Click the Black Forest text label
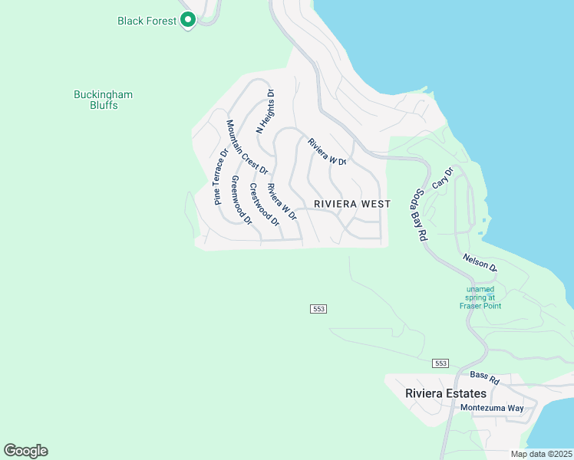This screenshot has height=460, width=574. tap(147, 21)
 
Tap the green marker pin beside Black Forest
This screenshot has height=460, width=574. tap(188, 21)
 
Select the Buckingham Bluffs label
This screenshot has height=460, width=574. tap(103, 100)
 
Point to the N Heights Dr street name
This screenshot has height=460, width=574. tap(265, 112)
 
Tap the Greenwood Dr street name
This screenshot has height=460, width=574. tap(242, 200)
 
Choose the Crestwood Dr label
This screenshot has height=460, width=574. tap(264, 204)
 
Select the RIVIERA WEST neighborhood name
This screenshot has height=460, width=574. tap(352, 204)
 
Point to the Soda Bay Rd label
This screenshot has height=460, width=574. tap(420, 215)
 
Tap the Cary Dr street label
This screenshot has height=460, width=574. tap(443, 178)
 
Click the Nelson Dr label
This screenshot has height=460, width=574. tap(480, 263)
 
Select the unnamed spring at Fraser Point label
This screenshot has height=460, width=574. tap(480, 297)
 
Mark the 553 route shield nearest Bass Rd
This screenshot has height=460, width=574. tap(440, 363)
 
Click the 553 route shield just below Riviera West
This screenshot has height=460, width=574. tap(319, 308)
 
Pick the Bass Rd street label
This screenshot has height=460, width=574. tap(484, 379)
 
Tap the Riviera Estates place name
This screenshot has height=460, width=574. tap(446, 393)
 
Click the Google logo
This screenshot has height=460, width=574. tap(26, 451)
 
